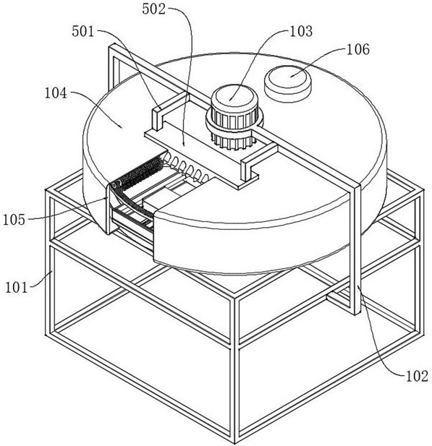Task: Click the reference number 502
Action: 154,9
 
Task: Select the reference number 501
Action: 83,31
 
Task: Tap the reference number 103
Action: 301,31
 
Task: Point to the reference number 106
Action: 358,49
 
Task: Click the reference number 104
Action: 56,93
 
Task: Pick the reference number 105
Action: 14,220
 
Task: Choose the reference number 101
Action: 17,288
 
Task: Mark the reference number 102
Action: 417,377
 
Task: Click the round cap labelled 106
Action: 288,81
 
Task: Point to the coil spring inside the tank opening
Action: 187,167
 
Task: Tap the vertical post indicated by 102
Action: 357,250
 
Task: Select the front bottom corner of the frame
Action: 234,442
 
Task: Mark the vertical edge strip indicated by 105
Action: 108,209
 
